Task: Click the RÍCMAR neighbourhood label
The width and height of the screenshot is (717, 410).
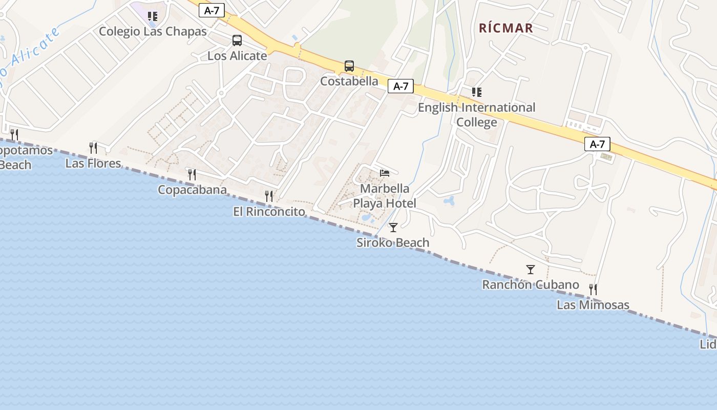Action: [x=506, y=28]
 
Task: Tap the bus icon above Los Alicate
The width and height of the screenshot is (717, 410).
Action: [x=237, y=40]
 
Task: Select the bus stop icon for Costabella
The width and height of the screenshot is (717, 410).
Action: [x=349, y=66]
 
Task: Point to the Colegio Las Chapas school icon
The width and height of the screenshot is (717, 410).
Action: [x=152, y=16]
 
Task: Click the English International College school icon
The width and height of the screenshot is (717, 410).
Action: [x=477, y=92]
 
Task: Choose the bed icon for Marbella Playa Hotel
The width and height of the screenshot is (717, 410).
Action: [x=385, y=173]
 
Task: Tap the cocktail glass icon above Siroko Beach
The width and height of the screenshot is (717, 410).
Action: [x=393, y=227]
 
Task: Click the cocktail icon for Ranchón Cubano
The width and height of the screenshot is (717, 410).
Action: [x=531, y=269]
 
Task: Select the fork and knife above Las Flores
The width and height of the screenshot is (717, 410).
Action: [x=93, y=148]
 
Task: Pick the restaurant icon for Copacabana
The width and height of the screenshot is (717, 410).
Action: [x=192, y=174]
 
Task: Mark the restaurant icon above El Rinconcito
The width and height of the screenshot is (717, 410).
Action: [x=269, y=196]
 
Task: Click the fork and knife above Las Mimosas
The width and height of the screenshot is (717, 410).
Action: [x=593, y=290]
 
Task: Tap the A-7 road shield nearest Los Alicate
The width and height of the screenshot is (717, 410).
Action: [x=212, y=10]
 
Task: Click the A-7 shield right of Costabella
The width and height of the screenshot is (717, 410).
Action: [x=400, y=86]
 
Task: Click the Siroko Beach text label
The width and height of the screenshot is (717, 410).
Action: [x=393, y=243]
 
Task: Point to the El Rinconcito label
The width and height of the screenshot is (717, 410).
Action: [x=269, y=212]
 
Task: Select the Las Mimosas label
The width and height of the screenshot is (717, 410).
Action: [x=593, y=305]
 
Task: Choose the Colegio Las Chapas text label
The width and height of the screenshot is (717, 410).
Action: [x=153, y=31]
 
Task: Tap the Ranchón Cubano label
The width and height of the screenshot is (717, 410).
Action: [x=531, y=285]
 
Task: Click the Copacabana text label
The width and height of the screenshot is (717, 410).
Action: [x=192, y=190]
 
